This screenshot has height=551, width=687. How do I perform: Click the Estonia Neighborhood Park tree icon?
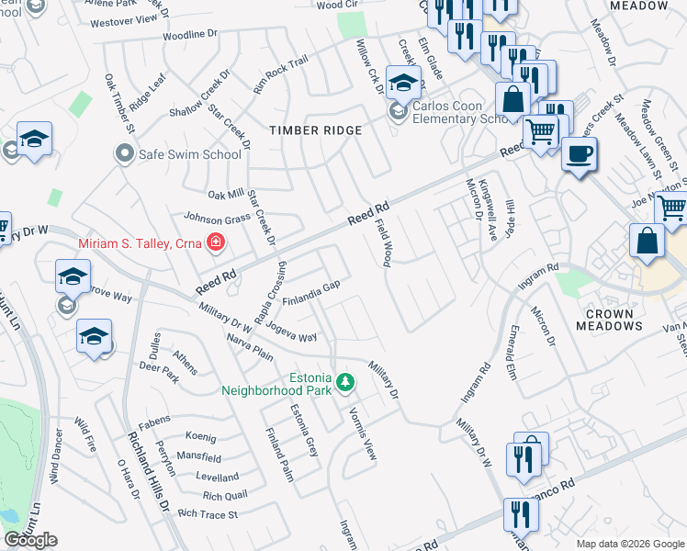(345, 381)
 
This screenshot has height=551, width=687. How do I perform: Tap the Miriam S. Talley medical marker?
(216, 242)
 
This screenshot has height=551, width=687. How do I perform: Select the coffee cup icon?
(578, 154)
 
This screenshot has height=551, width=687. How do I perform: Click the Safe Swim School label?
(189, 153)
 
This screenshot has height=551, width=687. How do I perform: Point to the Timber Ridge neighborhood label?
(315, 130)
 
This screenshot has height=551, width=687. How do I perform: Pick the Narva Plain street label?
(250, 350)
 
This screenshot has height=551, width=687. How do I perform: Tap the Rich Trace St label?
(208, 514)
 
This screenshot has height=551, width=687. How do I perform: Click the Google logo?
(30, 540)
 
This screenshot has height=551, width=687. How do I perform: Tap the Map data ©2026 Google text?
(629, 544)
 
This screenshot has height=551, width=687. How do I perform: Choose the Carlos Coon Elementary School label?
(458, 112)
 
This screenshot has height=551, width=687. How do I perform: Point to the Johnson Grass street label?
(218, 219)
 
